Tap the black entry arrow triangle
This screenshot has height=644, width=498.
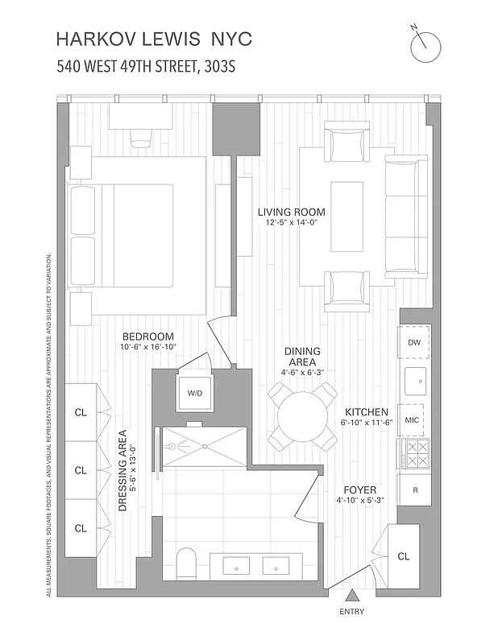[351, 597]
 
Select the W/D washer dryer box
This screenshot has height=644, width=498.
[195, 394]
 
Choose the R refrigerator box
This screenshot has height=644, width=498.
[415, 489]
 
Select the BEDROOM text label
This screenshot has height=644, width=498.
[147, 336]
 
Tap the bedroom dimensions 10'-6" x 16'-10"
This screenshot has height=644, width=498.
[147, 347]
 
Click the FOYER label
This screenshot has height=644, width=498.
[359, 489]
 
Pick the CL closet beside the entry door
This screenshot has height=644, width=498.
[403, 556]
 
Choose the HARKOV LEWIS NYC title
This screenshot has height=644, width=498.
[154, 39]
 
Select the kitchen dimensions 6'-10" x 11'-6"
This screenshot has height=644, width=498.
[366, 422]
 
